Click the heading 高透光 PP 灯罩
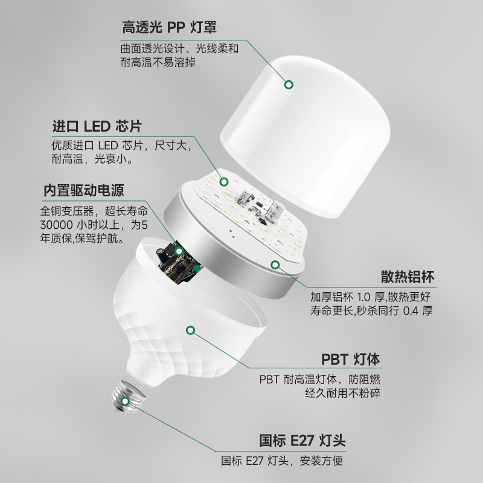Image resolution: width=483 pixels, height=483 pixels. tap(169, 27)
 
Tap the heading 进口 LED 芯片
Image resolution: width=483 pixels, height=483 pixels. tap(97, 126)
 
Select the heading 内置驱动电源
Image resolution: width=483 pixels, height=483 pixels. tap(84, 190)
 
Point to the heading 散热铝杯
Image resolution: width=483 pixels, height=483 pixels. tap(408, 277)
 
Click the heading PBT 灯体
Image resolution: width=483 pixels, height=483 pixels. tap(351, 359)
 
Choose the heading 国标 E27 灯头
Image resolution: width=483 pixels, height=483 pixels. tap(302, 441)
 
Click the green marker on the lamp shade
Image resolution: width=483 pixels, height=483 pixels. tap(289, 85)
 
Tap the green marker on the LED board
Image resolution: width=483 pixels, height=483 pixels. tap(224, 182)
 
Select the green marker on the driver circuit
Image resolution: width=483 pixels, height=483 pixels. tap(179, 251)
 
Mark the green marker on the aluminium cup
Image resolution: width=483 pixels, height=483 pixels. tap(275, 264)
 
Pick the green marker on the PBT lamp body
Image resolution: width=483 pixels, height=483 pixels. tap(191, 330)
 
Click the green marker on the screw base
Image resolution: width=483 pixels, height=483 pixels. tap(125, 401)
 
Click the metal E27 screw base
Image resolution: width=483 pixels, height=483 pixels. tap(128, 396)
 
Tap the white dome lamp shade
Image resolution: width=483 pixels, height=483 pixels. tap(305, 135)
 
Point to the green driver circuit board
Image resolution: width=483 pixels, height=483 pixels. tap(179, 260)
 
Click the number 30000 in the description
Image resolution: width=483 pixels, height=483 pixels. tap(56, 225)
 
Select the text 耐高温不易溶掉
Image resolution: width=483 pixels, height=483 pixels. tap(158, 63)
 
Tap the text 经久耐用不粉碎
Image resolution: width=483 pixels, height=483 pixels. tap(342, 393)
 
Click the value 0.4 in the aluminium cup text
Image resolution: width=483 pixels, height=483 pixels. tap(411, 311)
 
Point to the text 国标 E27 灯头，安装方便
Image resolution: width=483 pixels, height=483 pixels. tap(282, 461)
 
